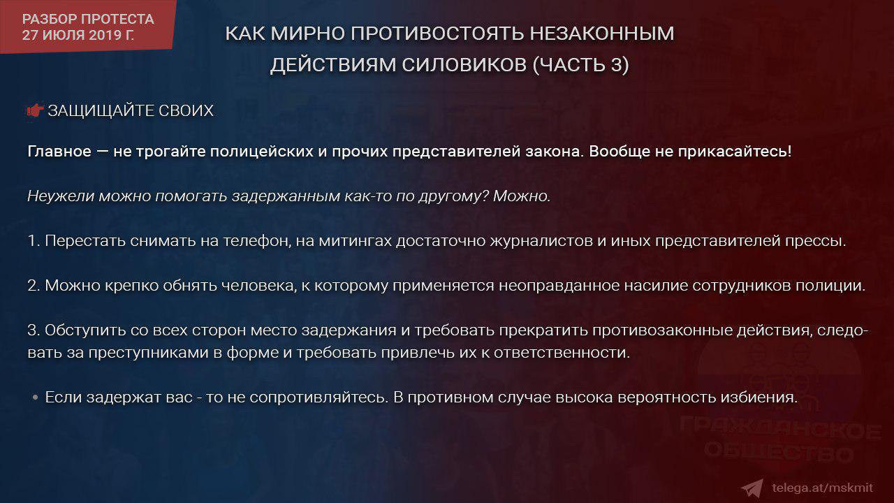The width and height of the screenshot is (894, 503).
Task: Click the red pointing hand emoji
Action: (x=36, y=110)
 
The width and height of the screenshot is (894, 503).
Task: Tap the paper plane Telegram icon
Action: (x=752, y=488)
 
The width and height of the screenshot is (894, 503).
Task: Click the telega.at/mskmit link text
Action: (x=822, y=488)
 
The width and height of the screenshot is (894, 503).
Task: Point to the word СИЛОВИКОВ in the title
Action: (x=464, y=65)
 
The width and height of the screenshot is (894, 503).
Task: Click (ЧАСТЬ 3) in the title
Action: (x=580, y=65)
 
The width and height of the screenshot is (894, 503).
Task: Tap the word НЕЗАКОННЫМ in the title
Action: (x=602, y=33)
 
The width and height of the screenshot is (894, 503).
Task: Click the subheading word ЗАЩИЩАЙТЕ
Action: (x=101, y=110)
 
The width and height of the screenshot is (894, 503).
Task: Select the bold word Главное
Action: (x=59, y=152)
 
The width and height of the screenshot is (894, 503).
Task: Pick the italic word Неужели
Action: (x=61, y=196)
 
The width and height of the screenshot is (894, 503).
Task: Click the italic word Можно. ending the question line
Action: (x=522, y=196)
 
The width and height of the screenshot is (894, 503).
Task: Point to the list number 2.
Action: (x=33, y=286)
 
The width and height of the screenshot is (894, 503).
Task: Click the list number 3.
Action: (x=33, y=330)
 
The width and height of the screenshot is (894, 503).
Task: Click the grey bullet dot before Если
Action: (x=35, y=398)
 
